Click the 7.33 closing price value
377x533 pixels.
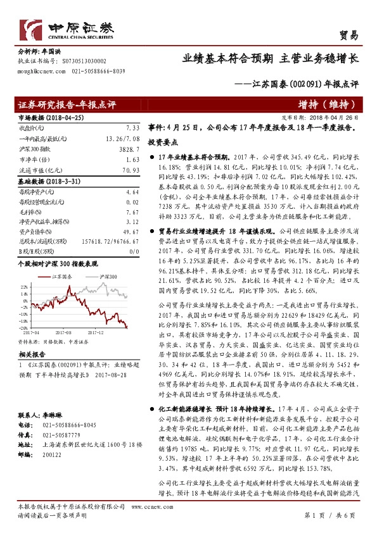[x=132, y=127]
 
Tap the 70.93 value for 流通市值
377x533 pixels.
[x=130, y=171]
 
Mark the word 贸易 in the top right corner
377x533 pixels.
[x=349, y=35]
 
